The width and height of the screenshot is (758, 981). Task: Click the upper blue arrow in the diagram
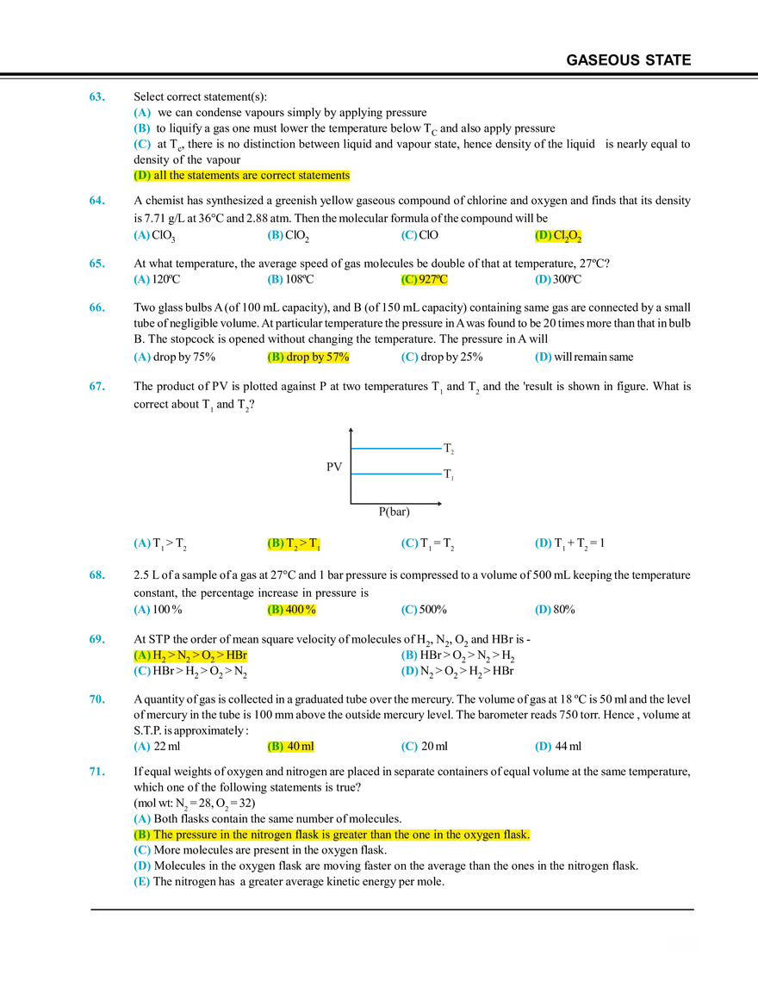tap(397, 448)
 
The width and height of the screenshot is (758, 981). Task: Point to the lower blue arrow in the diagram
tap(397, 474)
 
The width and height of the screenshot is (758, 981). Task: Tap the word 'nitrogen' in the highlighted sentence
tap(308, 835)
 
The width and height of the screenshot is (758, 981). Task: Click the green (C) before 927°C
tap(408, 280)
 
